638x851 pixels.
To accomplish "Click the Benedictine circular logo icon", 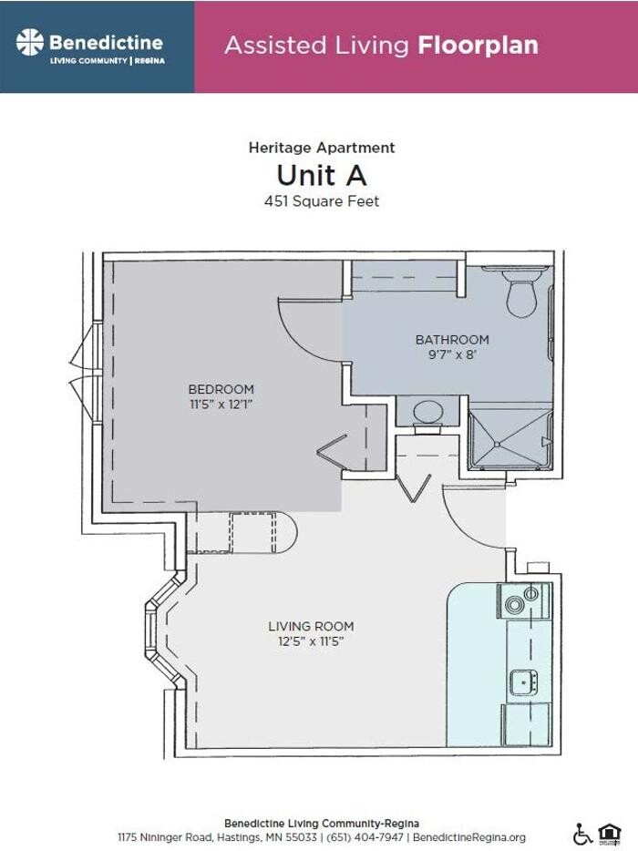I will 30,42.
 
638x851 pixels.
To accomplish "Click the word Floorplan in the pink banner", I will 478,45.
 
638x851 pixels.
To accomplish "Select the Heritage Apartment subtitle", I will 322,147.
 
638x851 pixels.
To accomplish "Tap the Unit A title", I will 322,174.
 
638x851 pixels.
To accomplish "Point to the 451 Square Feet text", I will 322,201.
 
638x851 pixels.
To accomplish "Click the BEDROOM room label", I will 221,389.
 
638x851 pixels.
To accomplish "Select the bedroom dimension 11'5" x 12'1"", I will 221,404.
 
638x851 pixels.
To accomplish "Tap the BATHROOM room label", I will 452,339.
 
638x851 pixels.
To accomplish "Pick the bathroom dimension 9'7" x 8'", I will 452,354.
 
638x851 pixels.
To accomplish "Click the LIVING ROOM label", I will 311,626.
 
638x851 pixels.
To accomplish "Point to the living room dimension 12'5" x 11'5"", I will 311,641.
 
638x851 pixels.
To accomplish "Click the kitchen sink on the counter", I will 523,680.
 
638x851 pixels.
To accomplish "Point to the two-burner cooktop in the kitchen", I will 522,602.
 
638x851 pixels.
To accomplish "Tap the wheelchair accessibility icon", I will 581,833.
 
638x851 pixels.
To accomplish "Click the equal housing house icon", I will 608,833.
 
